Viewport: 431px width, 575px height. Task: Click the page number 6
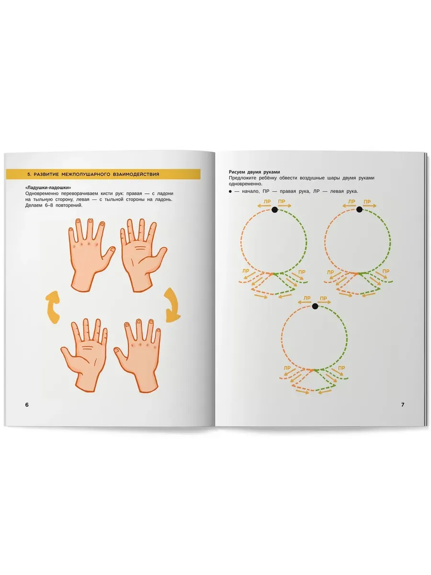pos(27,404)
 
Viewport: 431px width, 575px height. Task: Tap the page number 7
pos(403,404)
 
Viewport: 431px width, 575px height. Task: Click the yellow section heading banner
pos(103,174)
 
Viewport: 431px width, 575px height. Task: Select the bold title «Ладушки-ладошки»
pos(48,187)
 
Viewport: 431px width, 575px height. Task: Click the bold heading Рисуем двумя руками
pos(254,172)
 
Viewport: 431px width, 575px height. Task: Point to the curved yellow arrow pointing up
pos(53,307)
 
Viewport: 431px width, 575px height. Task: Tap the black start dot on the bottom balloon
pos(315,306)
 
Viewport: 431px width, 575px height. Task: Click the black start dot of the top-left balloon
pos(274,209)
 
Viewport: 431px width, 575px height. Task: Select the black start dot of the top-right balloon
pos(359,209)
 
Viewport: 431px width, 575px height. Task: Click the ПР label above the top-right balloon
pos(367,202)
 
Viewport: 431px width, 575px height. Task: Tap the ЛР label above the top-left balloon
pos(267,202)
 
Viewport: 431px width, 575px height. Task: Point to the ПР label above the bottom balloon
pos(323,299)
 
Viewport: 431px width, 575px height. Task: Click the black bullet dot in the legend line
pos(230,192)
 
